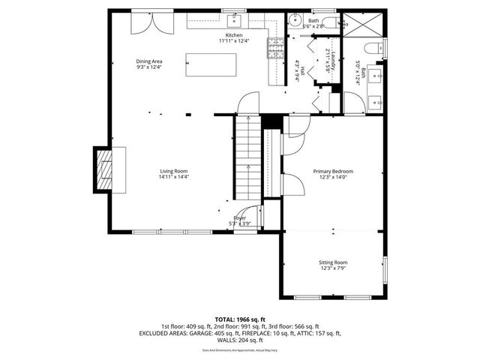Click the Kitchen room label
coord(234,34)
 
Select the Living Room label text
coord(173,171)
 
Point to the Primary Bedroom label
coord(332,171)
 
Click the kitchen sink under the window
coord(234,19)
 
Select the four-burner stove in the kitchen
coord(274,49)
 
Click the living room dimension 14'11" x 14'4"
coord(173,177)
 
